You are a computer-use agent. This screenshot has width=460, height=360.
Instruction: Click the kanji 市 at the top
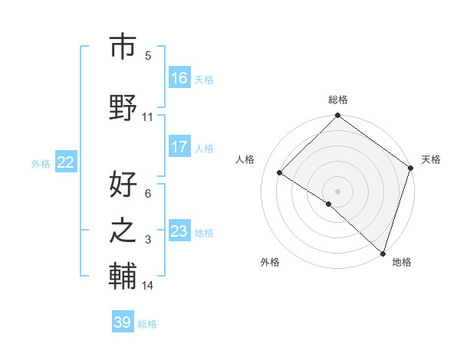123,47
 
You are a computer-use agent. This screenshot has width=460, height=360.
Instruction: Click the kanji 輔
123,277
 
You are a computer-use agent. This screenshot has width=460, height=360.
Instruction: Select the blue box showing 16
179,78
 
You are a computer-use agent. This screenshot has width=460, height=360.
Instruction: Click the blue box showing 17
179,147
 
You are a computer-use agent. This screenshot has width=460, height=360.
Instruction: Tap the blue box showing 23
179,231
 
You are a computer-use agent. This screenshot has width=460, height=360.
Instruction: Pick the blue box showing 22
66,162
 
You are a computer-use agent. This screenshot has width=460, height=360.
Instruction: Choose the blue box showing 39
123,322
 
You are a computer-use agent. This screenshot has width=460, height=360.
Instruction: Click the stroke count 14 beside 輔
148,286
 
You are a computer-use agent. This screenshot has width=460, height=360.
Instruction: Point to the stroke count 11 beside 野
148,117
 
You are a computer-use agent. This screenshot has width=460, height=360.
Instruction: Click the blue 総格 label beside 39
147,324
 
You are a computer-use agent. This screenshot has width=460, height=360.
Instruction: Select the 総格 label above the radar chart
337,100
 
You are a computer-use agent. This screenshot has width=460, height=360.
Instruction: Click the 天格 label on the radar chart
431,159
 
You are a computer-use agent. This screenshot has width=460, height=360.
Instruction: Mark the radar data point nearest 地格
383,253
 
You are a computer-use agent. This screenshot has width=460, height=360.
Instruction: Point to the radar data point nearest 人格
280,172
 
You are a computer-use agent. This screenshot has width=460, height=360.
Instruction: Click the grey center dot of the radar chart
337,191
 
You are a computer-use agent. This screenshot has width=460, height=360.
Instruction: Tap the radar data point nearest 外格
328,204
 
